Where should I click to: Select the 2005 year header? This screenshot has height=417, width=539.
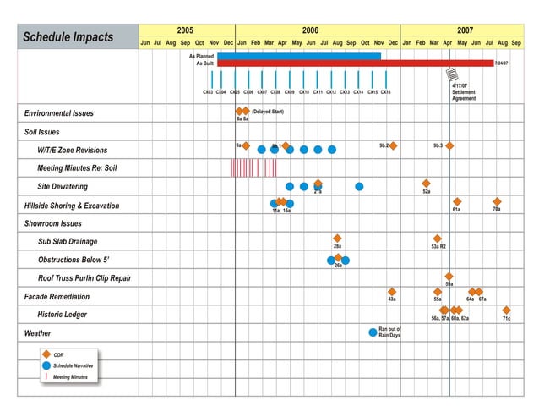click(186, 30)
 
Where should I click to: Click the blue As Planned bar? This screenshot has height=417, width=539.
click(298, 56)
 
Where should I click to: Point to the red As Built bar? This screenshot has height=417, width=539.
click(355, 63)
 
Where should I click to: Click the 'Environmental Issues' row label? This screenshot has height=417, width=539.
click(59, 113)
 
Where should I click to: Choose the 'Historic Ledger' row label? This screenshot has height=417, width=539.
click(63, 315)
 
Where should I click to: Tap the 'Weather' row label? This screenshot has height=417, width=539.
click(38, 333)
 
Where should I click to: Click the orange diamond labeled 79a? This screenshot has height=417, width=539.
click(497, 201)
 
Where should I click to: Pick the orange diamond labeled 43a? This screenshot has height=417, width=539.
click(392, 292)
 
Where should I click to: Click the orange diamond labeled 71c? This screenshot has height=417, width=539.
click(506, 310)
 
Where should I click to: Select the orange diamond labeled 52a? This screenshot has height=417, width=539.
click(426, 184)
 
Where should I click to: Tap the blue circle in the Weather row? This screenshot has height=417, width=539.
click(373, 332)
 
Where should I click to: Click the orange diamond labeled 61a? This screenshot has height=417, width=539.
click(457, 201)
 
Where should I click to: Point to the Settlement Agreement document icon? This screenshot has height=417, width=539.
click(453, 74)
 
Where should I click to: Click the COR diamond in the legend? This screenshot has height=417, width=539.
click(47, 354)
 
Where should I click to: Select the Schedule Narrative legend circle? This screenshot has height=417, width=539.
click(47, 365)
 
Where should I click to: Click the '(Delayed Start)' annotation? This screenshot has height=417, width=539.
click(268, 112)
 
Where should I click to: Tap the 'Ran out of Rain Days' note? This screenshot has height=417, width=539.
click(389, 332)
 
